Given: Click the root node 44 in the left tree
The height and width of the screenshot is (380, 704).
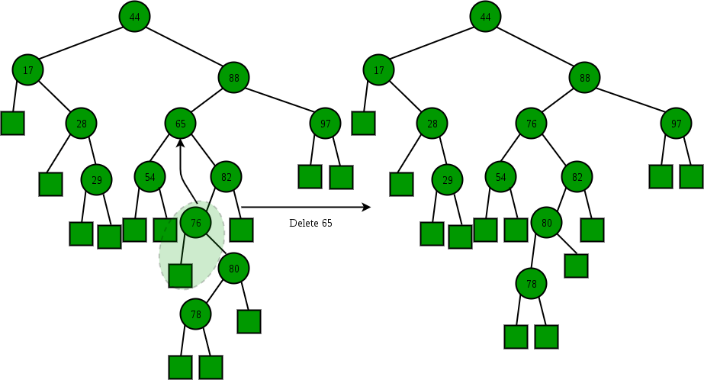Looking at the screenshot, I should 134,16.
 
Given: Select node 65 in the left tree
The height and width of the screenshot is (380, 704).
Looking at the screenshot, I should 181,123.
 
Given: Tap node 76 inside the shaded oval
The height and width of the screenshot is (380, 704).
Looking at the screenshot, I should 196,223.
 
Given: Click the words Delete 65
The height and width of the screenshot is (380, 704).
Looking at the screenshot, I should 310,224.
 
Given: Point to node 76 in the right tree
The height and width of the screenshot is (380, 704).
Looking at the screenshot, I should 532,124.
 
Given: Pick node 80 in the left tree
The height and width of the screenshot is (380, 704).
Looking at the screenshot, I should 234,269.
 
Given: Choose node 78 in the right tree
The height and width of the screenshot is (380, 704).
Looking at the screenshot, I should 532,284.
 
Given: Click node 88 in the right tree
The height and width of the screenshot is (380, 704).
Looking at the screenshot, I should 585,77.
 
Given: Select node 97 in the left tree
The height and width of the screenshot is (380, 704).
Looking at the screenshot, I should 326,123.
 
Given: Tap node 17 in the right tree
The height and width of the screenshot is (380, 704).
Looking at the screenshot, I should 379,70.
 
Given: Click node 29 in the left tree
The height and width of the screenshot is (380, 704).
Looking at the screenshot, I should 97,180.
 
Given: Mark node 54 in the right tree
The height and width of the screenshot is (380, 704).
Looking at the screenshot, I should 501,177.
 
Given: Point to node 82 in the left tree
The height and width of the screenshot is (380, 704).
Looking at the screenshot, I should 227,177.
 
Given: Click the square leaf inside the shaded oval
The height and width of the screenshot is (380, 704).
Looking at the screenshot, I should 180,275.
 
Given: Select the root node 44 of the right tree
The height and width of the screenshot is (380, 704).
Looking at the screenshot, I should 485,16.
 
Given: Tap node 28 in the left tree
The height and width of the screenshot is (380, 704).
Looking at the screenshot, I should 82,123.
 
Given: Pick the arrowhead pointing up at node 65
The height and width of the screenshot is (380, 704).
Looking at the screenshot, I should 181,142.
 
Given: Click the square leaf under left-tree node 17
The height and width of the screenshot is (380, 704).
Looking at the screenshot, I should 13,122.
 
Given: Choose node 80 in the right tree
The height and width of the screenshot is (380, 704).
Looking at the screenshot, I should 547,223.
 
